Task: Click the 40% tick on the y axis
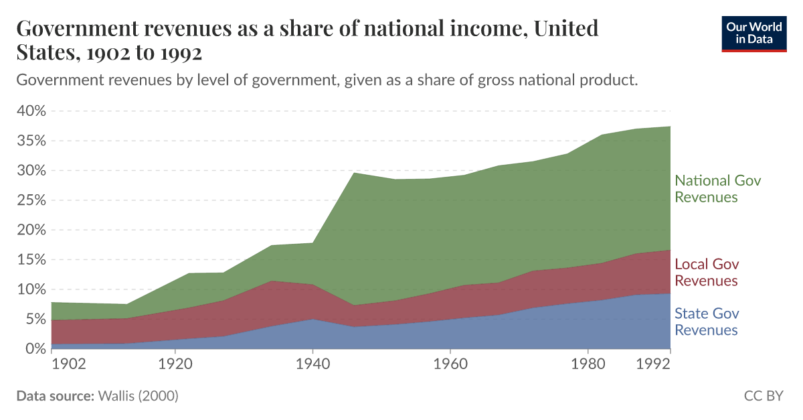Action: (29, 111)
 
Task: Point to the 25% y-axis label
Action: (29, 200)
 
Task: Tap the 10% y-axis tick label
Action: (29, 289)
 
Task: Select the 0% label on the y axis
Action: (33, 349)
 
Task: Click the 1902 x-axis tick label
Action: (68, 364)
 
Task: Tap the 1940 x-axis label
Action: (313, 364)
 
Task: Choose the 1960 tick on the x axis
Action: (450, 364)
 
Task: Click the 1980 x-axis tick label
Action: (588, 364)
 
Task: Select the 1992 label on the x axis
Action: (653, 364)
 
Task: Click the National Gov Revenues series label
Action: (717, 189)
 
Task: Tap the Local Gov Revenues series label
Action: (707, 272)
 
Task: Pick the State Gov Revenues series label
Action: (707, 322)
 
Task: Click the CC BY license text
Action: (763, 396)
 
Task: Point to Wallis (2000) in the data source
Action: (138, 396)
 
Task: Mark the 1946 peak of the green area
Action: (353, 173)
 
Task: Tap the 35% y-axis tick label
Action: (29, 141)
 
